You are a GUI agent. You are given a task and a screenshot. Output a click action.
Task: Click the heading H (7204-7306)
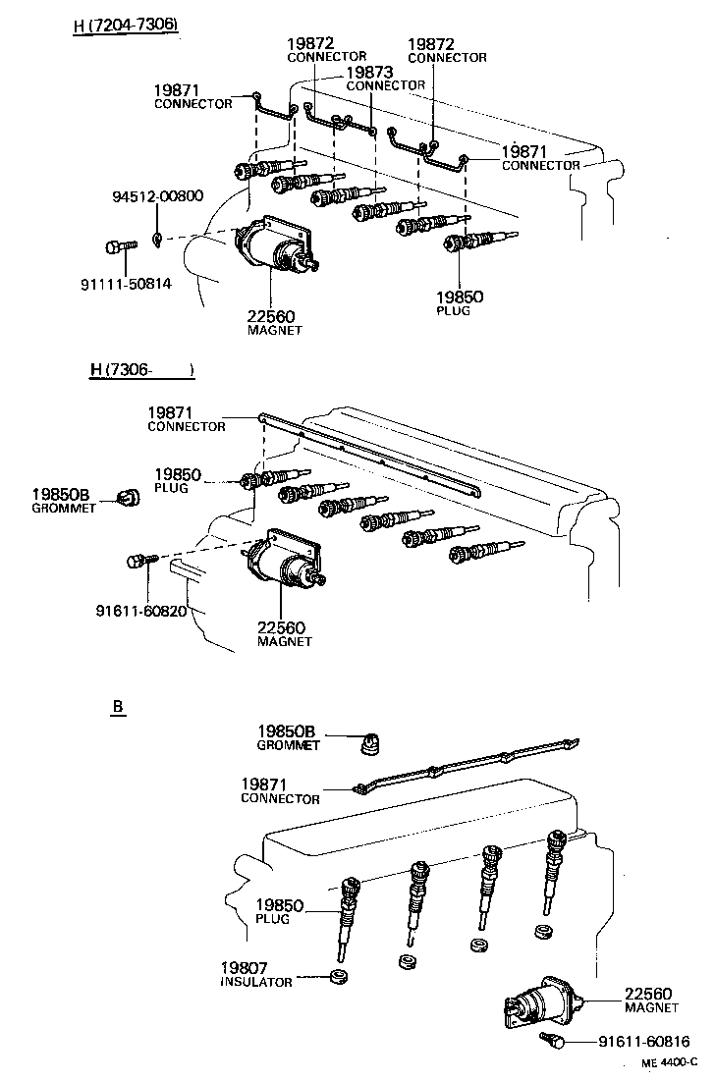(125, 25)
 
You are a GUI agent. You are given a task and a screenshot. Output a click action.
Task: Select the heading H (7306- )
(141, 370)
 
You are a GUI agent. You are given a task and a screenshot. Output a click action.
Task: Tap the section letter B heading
(117, 706)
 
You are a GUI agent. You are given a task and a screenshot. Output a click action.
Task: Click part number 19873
(370, 73)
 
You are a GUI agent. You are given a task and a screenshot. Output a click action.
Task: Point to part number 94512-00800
(156, 195)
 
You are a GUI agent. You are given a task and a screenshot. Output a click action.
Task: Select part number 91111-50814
(126, 285)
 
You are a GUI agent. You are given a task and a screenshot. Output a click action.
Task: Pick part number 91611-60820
(140, 610)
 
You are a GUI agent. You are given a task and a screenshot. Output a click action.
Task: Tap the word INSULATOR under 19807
(256, 982)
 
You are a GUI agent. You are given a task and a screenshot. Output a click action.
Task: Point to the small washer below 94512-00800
(158, 238)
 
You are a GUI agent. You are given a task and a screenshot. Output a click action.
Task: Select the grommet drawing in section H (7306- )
(128, 498)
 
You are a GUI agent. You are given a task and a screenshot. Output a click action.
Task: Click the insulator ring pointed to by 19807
(340, 976)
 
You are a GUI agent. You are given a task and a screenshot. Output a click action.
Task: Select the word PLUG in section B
(271, 919)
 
